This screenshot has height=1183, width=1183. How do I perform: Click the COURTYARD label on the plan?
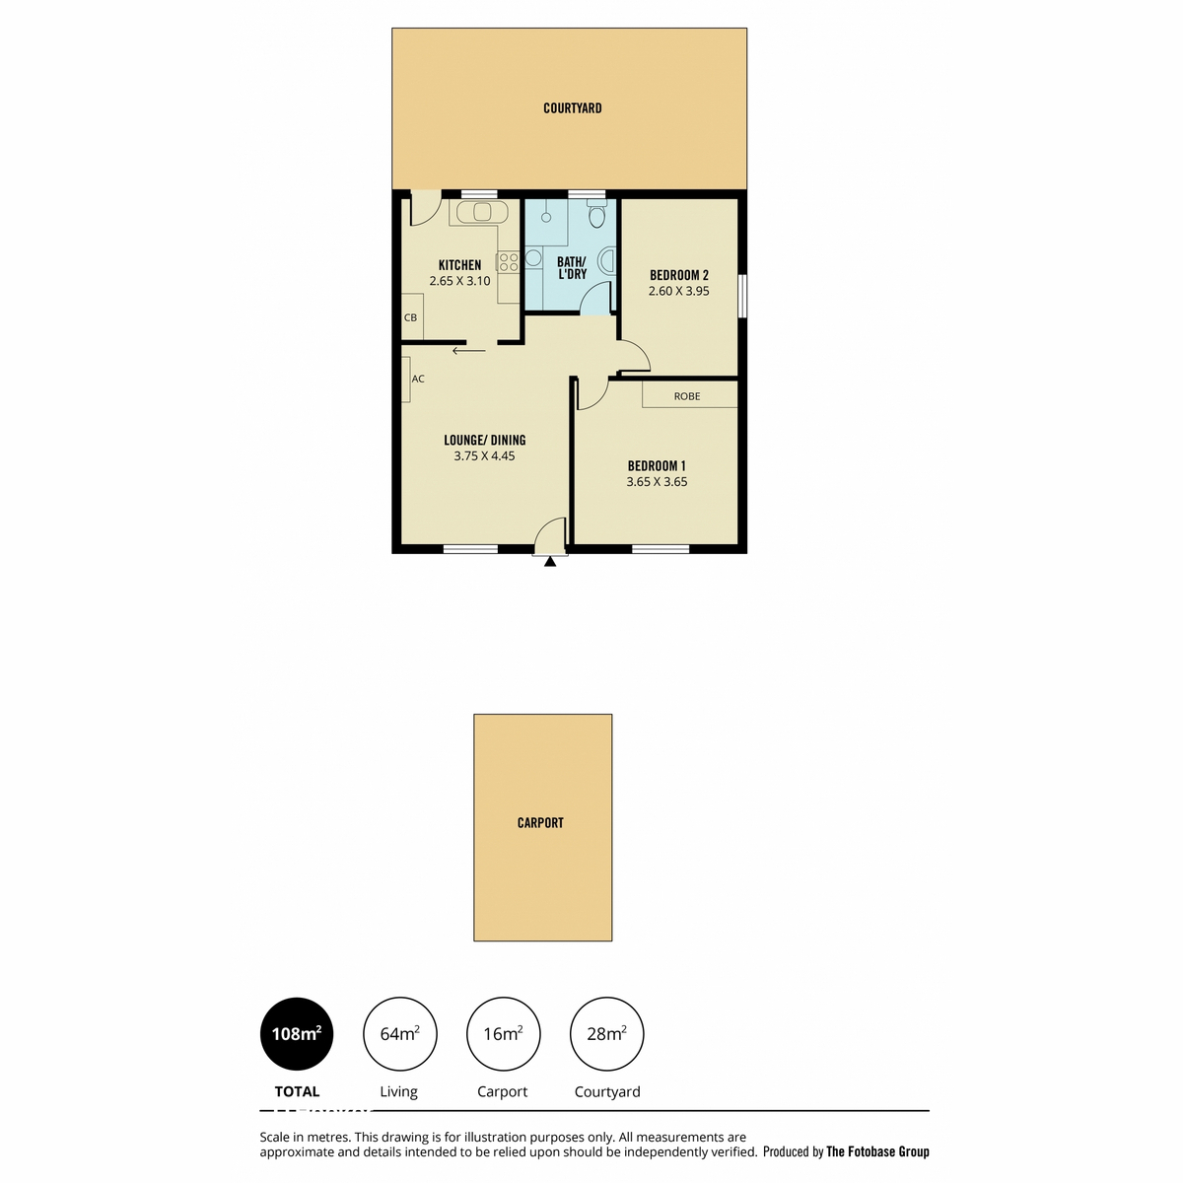pyautogui.click(x=572, y=108)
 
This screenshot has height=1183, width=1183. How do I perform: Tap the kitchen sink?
pyautogui.click(x=482, y=212)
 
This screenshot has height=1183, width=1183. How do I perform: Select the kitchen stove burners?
pyautogui.click(x=509, y=262)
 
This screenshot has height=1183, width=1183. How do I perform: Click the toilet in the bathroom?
pyautogui.click(x=596, y=212)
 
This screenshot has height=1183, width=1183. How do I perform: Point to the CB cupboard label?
pyautogui.click(x=411, y=317)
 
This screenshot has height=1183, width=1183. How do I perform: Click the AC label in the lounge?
pyautogui.click(x=418, y=379)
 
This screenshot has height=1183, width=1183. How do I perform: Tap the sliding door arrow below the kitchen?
pyautogui.click(x=469, y=351)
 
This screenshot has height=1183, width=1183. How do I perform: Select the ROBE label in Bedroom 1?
pyautogui.click(x=687, y=396)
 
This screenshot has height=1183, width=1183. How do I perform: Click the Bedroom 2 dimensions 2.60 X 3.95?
pyautogui.click(x=678, y=291)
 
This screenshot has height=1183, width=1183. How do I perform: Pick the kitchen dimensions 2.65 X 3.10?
pyautogui.click(x=459, y=281)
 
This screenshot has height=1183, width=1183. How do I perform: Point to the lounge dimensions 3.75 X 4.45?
pyautogui.click(x=484, y=456)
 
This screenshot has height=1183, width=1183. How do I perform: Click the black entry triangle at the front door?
pyautogui.click(x=550, y=561)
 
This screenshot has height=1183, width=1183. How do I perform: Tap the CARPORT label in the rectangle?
pyautogui.click(x=540, y=822)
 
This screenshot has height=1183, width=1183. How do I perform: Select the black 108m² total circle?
pyautogui.click(x=297, y=1034)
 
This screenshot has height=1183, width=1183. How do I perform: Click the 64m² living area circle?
pyautogui.click(x=399, y=1034)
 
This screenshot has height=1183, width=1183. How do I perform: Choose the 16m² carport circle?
pyautogui.click(x=504, y=1034)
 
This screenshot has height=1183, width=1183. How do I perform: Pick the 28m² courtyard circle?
pyautogui.click(x=606, y=1034)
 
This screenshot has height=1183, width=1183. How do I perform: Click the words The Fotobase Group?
pyautogui.click(x=877, y=1151)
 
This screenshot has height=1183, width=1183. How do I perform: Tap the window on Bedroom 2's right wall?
pyautogui.click(x=741, y=296)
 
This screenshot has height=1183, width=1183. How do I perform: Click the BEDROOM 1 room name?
pyautogui.click(x=657, y=466)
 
